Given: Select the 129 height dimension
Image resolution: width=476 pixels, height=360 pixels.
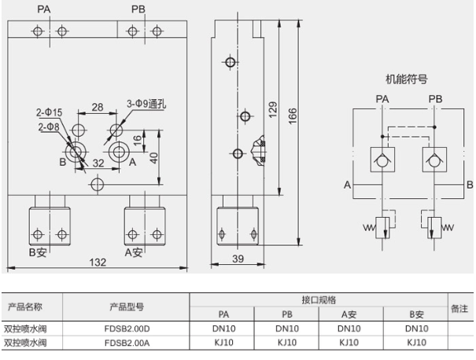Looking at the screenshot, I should [x=273, y=109].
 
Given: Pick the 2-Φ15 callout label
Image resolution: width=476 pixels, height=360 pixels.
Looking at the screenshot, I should [x=50, y=112].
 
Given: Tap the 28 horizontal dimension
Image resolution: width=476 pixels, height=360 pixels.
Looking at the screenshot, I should [x=98, y=107].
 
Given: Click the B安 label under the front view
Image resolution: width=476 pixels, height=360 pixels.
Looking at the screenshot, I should [x=40, y=252].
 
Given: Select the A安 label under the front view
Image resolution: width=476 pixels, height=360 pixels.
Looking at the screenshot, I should [x=134, y=252].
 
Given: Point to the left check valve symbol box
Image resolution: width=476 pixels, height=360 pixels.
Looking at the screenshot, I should [x=382, y=160].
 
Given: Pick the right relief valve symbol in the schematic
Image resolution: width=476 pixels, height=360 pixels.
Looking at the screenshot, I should [x=434, y=228].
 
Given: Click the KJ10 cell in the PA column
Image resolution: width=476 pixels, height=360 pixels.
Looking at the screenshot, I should [x=223, y=342].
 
